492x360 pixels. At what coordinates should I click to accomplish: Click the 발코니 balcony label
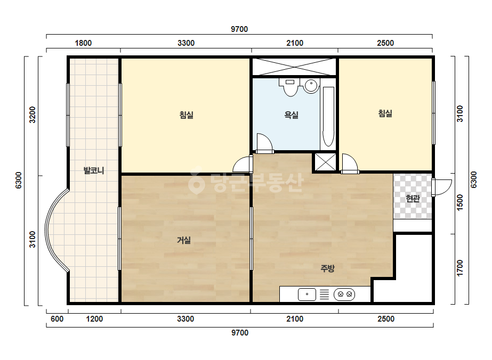[93, 170]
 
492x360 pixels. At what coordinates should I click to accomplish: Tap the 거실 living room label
[184, 240]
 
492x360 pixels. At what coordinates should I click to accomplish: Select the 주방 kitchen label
[328, 268]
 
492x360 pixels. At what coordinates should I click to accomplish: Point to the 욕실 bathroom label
[291, 115]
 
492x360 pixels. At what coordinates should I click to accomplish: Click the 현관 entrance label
[413, 198]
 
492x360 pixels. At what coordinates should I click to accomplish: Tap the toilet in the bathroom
[291, 87]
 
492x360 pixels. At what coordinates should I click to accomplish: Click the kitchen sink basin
[307, 294]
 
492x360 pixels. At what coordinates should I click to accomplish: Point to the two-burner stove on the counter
[344, 294]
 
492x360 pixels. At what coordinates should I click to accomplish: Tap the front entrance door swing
[442, 187]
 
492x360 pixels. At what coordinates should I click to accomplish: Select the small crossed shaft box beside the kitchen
[325, 162]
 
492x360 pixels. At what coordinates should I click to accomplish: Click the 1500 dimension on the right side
[459, 202]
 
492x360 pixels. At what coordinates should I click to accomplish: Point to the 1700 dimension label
[459, 268]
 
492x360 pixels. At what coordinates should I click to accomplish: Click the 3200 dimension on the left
[33, 115]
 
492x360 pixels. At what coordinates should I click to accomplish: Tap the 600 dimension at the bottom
[57, 319]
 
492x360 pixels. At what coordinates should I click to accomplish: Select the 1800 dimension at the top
[83, 43]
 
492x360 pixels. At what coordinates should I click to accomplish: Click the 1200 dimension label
[94, 319]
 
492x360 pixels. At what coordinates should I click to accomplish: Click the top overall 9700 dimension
[239, 29]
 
